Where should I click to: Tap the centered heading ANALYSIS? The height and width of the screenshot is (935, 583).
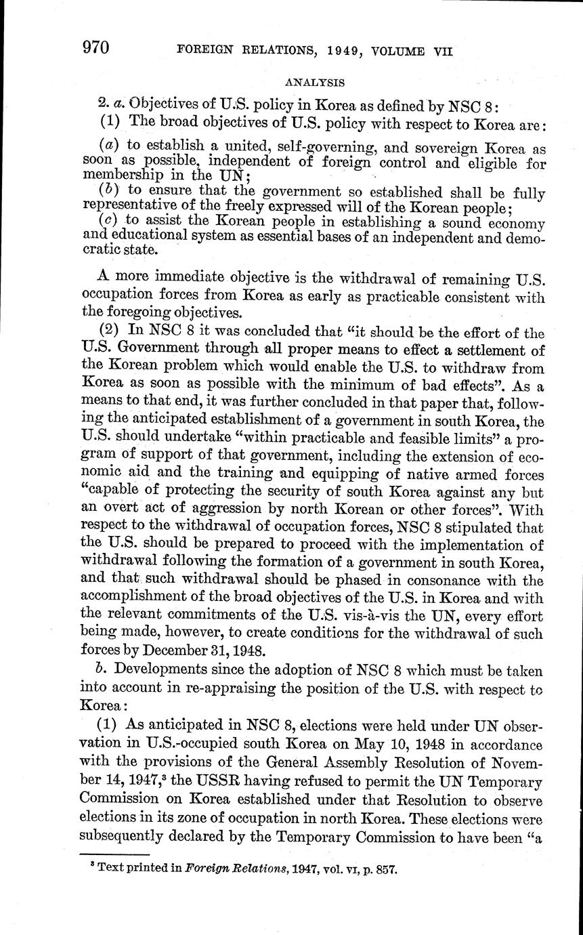click(315, 83)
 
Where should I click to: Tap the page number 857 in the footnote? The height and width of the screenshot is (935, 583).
click(384, 870)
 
